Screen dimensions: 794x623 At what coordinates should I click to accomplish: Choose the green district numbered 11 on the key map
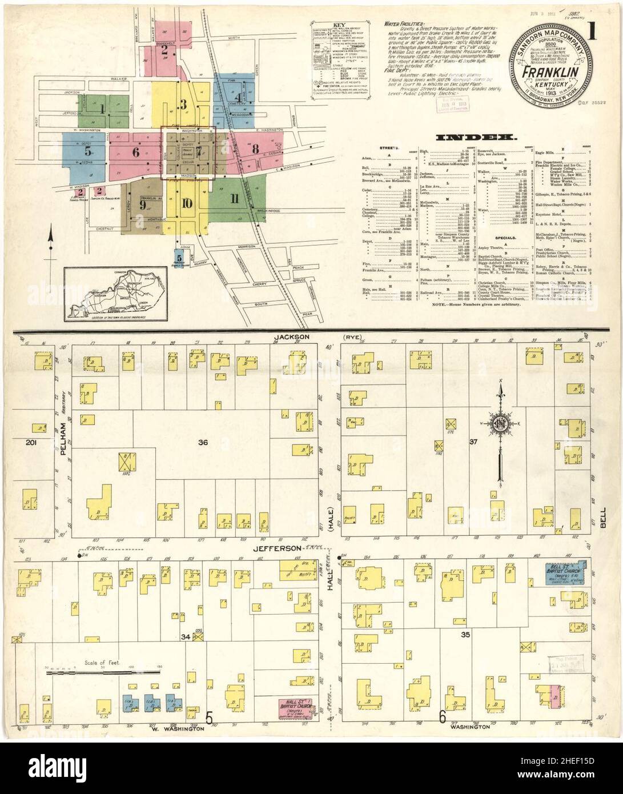coord(234,199)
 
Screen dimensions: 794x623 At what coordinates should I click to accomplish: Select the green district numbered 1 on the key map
coord(102,109)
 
